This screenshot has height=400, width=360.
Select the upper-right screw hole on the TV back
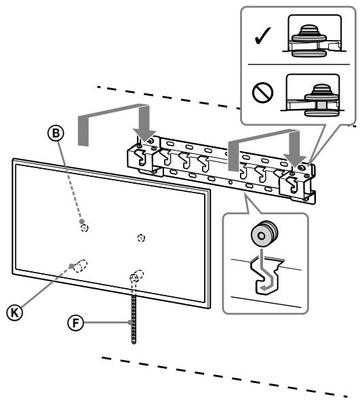(x=140, y=237)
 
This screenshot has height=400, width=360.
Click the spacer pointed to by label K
(x=80, y=266)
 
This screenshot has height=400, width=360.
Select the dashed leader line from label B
(x=73, y=183)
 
